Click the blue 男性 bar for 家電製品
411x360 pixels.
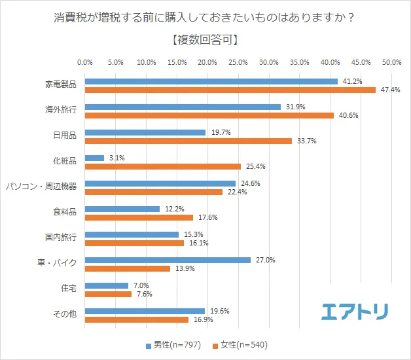[211, 81]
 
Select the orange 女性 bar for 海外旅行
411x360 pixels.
[209, 115]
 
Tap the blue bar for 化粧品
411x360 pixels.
[94, 158]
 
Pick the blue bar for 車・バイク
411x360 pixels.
[168, 260]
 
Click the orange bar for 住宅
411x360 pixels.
[108, 294]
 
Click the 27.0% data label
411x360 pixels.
[265, 260]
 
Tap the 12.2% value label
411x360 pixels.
[174, 209]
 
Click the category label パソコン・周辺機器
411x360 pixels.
[41, 186]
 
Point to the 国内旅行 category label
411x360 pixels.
[60, 237]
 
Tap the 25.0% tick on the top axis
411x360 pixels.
[238, 62]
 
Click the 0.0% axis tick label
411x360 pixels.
[85, 62]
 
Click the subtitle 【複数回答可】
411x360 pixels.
[205, 39]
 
